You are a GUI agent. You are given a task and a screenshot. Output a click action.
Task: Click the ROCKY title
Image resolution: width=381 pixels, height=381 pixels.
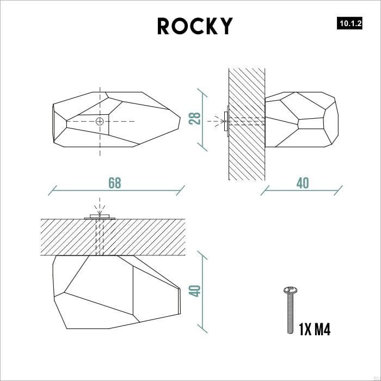(x=195, y=26)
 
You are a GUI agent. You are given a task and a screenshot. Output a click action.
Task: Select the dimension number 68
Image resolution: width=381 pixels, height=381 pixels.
(x=114, y=183)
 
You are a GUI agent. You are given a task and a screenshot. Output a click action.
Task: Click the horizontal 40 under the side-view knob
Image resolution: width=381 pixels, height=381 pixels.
(x=302, y=183)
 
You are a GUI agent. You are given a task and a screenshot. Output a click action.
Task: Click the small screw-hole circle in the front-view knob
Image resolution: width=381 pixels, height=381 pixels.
(x=99, y=121)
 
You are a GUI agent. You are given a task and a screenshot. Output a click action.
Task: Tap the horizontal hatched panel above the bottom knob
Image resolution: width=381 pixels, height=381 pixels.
(x=142, y=237)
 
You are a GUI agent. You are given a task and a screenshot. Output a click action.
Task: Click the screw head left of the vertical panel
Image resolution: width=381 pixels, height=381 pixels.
(x=225, y=122)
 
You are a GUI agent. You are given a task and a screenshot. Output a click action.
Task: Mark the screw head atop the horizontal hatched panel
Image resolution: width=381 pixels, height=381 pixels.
(x=99, y=217)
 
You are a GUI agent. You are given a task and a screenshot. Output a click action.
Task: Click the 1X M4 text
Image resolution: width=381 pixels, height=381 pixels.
(x=315, y=329)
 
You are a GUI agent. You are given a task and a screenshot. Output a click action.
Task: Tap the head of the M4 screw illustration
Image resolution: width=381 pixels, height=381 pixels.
(x=290, y=290)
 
